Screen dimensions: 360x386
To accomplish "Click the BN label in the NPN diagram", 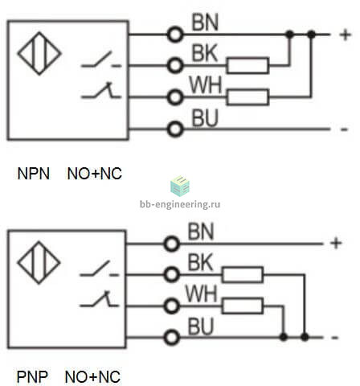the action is pyautogui.click(x=205, y=23).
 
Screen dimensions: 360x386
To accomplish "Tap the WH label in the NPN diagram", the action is pyautogui.click(x=206, y=84).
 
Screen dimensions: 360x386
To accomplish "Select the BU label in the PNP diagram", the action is pyautogui.click(x=201, y=326).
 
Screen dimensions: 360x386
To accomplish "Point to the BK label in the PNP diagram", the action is pyautogui.click(x=200, y=262).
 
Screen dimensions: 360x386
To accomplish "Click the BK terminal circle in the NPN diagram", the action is pyautogui.click(x=175, y=66).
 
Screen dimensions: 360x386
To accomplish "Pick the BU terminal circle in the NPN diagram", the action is pyautogui.click(x=175, y=129).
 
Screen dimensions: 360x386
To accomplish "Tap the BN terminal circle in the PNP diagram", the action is pyautogui.click(x=172, y=244).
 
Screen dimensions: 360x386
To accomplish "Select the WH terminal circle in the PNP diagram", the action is pyautogui.click(x=172, y=306).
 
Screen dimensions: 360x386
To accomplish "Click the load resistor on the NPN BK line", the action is pyautogui.click(x=247, y=65).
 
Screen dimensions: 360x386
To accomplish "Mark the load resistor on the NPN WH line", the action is pyautogui.click(x=247, y=96).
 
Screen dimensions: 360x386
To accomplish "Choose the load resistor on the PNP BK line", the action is pyautogui.click(x=243, y=275).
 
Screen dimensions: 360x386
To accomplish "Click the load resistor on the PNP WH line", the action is pyautogui.click(x=243, y=306).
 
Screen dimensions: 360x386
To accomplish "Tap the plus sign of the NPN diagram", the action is pyautogui.click(x=346, y=35).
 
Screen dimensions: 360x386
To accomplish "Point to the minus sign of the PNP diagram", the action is pyautogui.click(x=335, y=338).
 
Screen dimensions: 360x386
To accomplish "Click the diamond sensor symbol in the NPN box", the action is pyautogui.click(x=39, y=53).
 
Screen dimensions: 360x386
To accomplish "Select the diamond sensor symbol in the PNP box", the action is pyautogui.click(x=39, y=262).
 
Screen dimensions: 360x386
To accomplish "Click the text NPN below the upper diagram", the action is pyautogui.click(x=34, y=174).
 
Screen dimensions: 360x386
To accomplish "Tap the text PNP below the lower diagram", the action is pyautogui.click(x=32, y=377).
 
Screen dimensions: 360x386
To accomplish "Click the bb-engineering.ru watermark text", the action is pyautogui.click(x=180, y=204).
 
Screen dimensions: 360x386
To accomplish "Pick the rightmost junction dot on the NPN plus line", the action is pyautogui.click(x=311, y=35).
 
